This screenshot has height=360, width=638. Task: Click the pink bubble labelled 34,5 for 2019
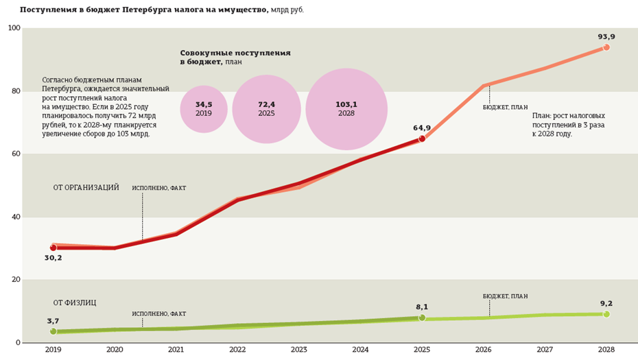point(204,109)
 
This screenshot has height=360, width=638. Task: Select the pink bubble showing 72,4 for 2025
point(266,109)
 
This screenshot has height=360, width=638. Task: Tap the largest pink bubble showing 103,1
point(346,109)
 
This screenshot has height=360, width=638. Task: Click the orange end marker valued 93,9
point(606,47)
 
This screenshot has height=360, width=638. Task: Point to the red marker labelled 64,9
point(422,139)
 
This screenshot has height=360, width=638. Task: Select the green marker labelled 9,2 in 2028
point(606,314)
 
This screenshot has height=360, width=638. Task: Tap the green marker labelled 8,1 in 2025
point(422,317)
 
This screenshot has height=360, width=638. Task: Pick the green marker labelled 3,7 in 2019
point(54,331)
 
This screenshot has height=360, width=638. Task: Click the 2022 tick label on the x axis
point(237,350)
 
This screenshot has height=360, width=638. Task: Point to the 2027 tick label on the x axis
point(545,350)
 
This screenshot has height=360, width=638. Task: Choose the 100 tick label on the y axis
point(14,28)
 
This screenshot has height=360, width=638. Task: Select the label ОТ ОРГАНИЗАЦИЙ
point(86,188)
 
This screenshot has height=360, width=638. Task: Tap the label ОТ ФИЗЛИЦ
point(75,303)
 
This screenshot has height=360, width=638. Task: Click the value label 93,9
point(606,37)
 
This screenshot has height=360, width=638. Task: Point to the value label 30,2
point(54,258)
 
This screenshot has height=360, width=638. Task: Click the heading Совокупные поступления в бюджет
point(235,57)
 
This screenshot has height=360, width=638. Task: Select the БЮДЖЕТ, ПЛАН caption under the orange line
point(505,107)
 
